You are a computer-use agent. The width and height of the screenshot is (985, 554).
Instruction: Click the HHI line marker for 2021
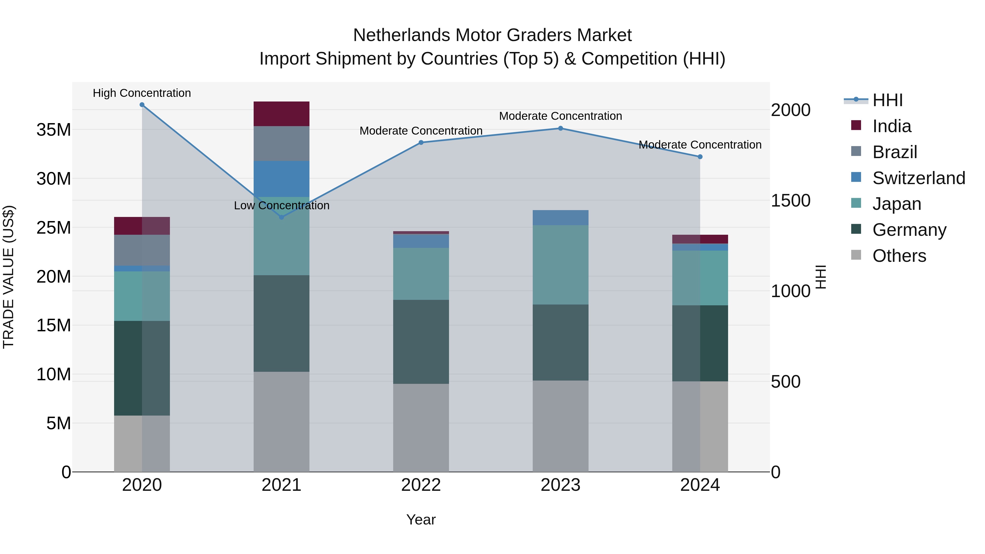[282, 217]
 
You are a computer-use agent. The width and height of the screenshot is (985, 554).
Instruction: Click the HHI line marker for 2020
[142, 105]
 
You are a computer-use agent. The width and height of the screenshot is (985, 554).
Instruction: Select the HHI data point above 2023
[561, 129]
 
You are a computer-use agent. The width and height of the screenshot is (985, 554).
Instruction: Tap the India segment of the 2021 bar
[282, 114]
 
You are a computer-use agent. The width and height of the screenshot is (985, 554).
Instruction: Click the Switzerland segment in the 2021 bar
[282, 179]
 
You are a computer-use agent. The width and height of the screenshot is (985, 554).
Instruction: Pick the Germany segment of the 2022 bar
[421, 341]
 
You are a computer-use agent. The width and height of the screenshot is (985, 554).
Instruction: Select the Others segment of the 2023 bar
[561, 426]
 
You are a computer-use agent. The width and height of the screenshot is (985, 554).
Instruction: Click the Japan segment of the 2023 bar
[561, 265]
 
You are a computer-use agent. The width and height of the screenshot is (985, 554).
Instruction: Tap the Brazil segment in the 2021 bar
[282, 143]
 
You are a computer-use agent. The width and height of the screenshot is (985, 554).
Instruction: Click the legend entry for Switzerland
[919, 178]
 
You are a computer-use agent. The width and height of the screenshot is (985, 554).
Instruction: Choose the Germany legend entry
[909, 230]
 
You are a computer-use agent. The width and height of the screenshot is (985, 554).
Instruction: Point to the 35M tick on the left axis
[54, 130]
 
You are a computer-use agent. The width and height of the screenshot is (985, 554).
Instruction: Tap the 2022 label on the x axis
[421, 485]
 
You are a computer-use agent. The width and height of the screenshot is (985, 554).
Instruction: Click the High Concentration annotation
[142, 93]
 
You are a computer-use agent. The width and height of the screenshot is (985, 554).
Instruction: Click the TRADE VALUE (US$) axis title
[8, 277]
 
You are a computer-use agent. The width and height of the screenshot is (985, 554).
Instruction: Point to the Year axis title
[421, 520]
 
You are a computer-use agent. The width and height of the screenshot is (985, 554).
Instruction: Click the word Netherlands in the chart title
[401, 35]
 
